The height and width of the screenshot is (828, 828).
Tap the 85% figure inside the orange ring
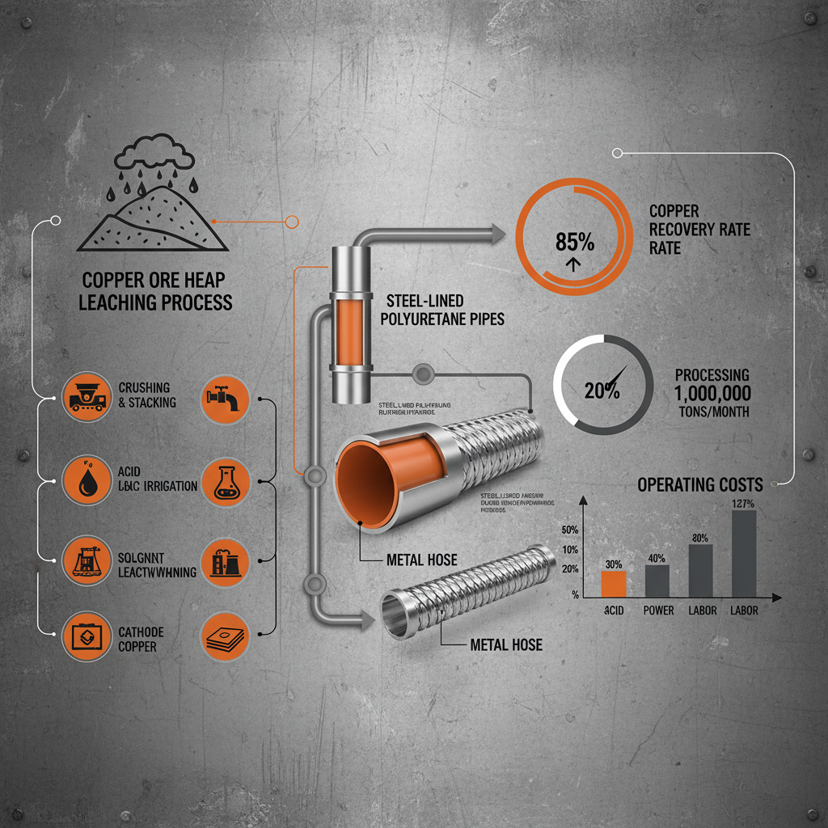pyautogui.click(x=575, y=240)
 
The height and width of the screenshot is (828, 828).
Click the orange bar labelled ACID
pyautogui.click(x=615, y=583)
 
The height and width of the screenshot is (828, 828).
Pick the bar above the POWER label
pyautogui.click(x=657, y=580)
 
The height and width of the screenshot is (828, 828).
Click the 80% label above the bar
pyautogui.click(x=700, y=538)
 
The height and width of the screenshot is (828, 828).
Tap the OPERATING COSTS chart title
pyautogui.click(x=699, y=485)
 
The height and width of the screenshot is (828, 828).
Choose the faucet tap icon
pyautogui.click(x=222, y=396)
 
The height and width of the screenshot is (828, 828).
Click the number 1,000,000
pyautogui.click(x=712, y=394)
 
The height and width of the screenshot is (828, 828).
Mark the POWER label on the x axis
pyautogui.click(x=658, y=610)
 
